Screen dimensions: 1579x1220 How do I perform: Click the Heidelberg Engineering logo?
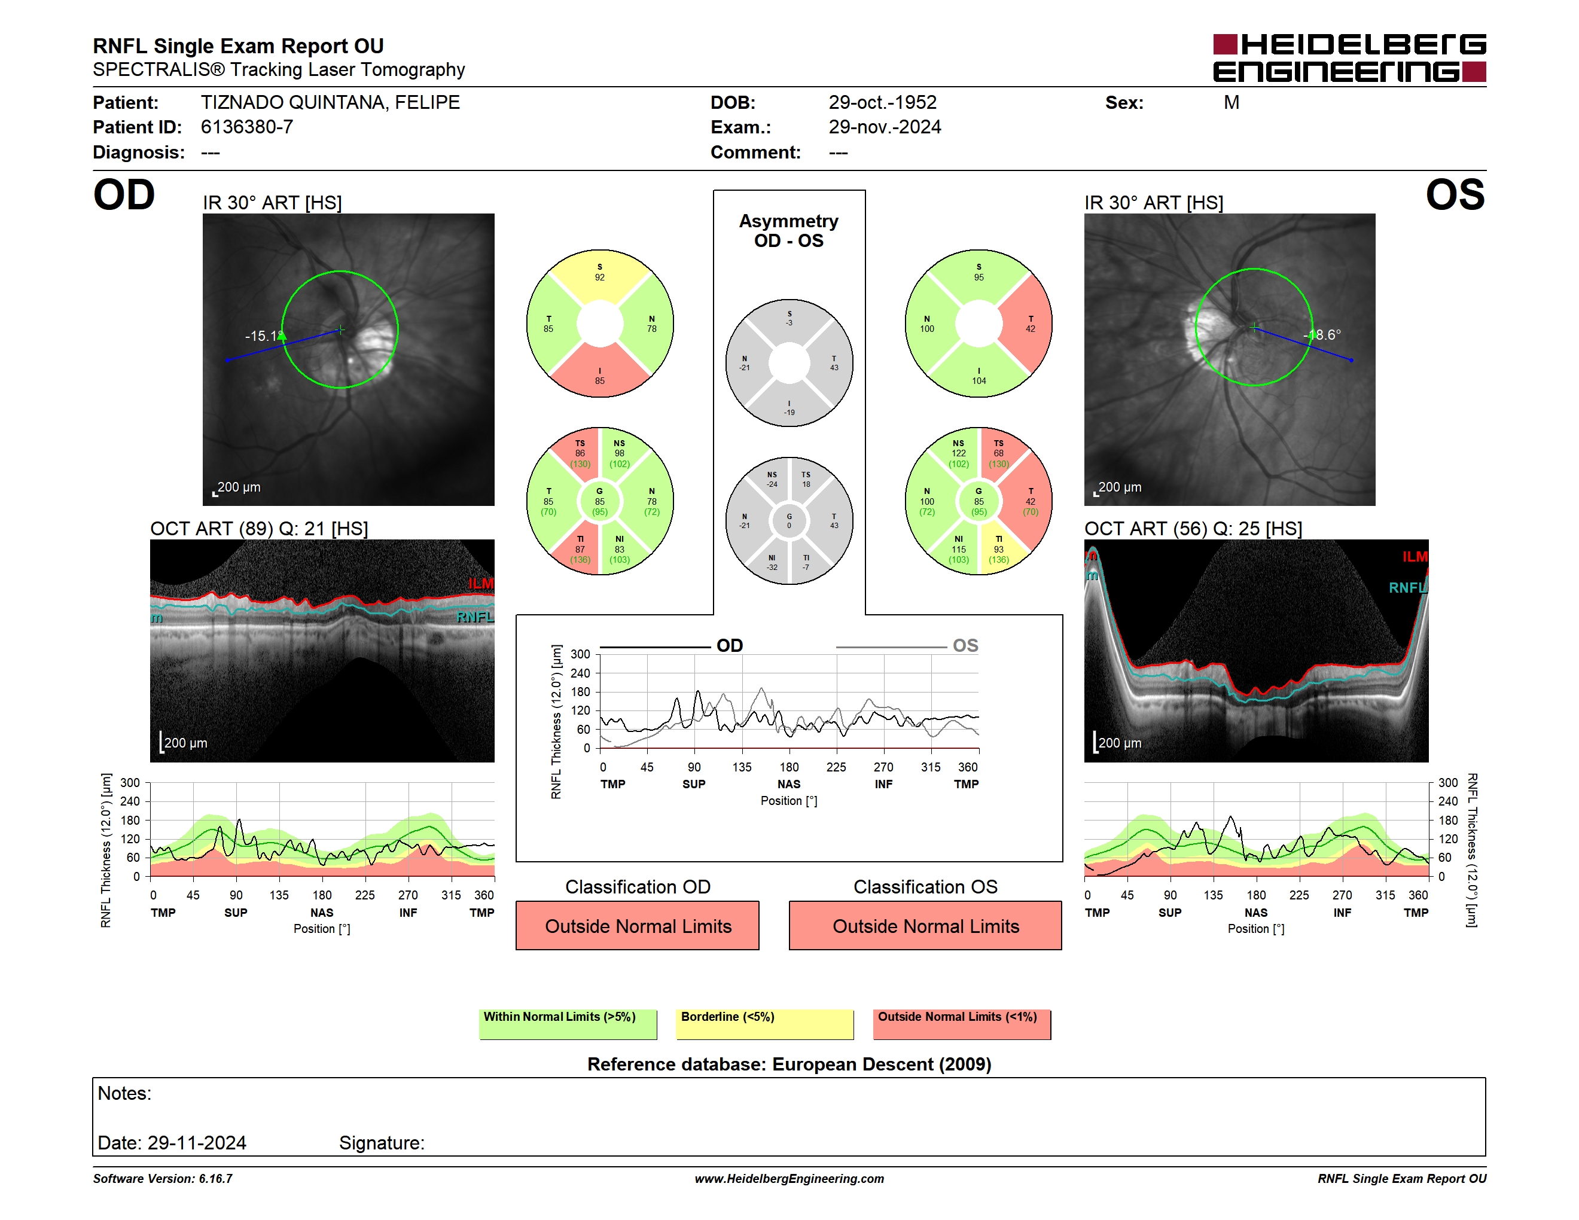tap(1349, 58)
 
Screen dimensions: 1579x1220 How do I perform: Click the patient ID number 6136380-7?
tap(246, 127)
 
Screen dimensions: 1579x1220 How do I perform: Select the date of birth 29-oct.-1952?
tap(882, 103)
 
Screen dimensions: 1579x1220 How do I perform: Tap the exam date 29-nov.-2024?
tap(884, 127)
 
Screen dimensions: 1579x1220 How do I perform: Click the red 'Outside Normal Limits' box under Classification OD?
tap(638, 926)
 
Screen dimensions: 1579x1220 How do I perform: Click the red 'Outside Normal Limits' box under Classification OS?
tap(925, 926)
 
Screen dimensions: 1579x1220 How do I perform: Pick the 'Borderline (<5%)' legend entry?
tap(764, 1024)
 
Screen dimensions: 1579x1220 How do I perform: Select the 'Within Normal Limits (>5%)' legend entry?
tap(568, 1024)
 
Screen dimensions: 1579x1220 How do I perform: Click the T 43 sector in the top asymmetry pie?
tap(833, 363)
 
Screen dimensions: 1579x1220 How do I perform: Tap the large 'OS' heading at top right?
tap(1455, 195)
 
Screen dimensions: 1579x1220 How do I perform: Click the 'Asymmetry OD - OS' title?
tap(789, 231)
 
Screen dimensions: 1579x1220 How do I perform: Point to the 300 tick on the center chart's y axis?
tap(581, 654)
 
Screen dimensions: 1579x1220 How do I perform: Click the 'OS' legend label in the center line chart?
tap(965, 645)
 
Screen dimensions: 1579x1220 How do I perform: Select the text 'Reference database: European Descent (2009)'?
tap(789, 1064)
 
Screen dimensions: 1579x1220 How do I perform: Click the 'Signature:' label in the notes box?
tap(382, 1143)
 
